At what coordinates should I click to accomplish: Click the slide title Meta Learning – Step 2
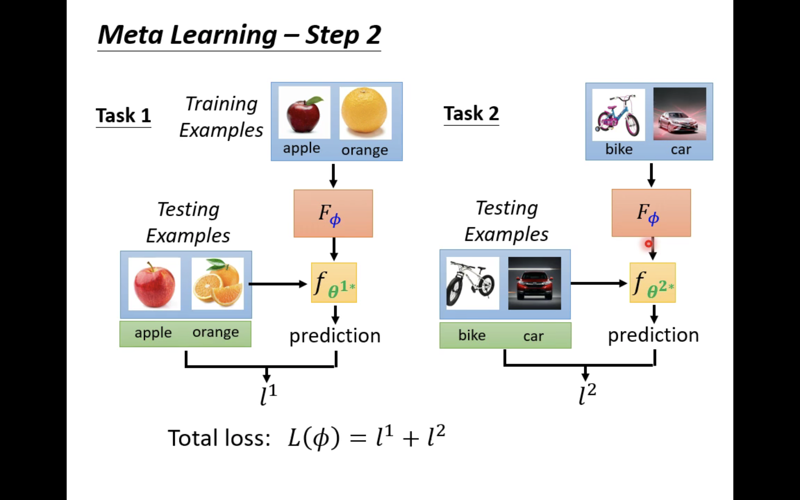[x=239, y=35]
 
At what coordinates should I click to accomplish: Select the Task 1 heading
[x=123, y=115]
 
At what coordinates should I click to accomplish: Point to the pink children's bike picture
[x=618, y=115]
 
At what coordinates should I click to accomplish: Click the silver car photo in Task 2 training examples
[x=680, y=114]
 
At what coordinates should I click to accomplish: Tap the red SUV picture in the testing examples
[x=534, y=283]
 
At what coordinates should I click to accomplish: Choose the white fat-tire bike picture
[x=472, y=283]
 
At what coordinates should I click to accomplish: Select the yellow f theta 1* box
[x=334, y=283]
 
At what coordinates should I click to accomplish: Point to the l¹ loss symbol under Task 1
[x=268, y=395]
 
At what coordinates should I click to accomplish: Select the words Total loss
[x=219, y=438]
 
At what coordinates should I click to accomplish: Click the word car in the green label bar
[x=533, y=336]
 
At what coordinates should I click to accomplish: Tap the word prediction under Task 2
[x=653, y=335]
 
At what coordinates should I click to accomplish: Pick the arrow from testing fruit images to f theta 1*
[x=278, y=284]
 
